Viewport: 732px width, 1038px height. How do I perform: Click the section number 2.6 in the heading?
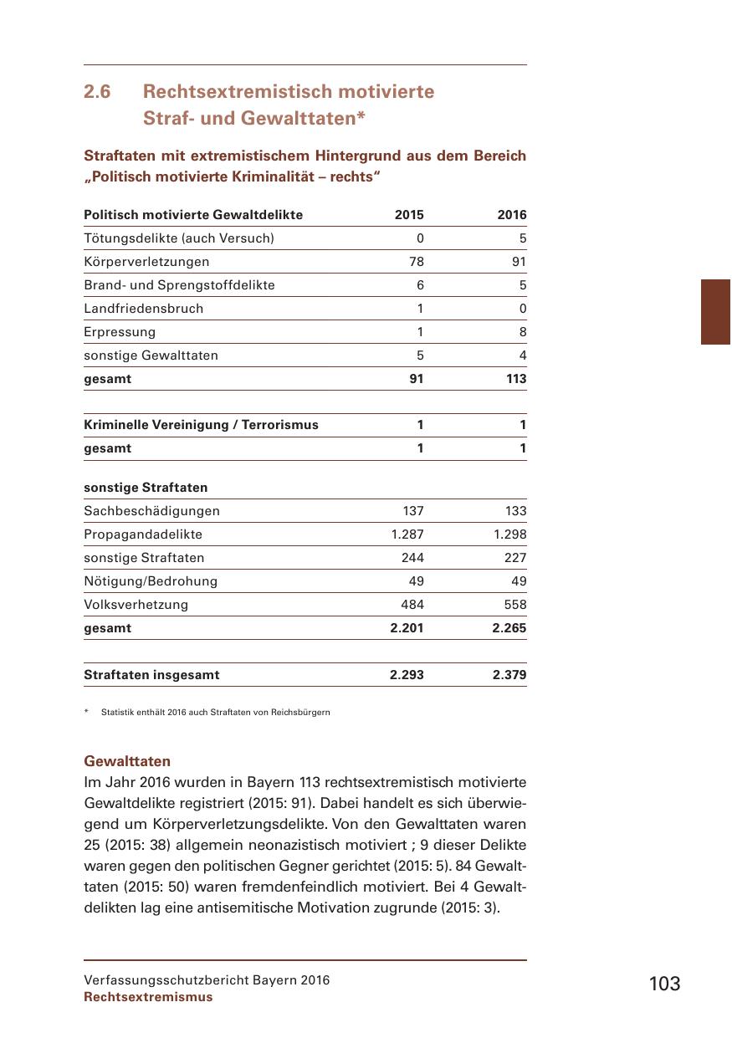click(x=98, y=91)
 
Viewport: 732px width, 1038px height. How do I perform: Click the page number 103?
click(x=664, y=984)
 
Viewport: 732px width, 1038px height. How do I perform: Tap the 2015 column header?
click(x=409, y=215)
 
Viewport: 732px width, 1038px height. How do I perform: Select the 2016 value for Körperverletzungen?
click(x=519, y=262)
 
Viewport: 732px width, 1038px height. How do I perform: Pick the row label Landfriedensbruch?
click(x=143, y=309)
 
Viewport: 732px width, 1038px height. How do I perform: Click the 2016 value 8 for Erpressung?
click(x=522, y=332)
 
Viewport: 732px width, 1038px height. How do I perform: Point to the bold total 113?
click(x=516, y=379)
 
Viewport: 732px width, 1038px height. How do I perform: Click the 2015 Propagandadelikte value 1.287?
click(x=407, y=534)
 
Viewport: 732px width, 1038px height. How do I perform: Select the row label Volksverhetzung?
click(x=136, y=605)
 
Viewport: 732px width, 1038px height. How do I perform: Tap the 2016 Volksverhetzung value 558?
click(x=515, y=605)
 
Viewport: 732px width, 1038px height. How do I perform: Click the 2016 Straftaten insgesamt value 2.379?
click(x=509, y=675)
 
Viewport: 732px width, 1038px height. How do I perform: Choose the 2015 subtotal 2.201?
click(x=407, y=628)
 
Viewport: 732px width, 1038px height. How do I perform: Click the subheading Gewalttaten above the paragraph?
click(x=127, y=761)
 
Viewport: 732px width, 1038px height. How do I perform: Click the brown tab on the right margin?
click(x=715, y=312)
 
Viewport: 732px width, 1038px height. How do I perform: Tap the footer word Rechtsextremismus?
click(x=148, y=997)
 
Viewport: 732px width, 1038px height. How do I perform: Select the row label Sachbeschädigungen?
click(x=151, y=511)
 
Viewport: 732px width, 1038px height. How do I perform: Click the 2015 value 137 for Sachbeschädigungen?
click(x=412, y=511)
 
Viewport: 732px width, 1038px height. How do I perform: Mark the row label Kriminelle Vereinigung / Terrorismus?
click(x=201, y=425)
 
